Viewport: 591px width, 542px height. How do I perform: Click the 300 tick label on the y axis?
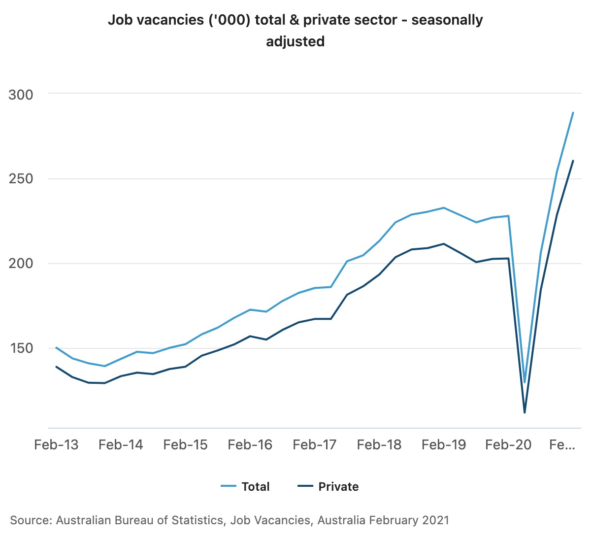(x=21, y=95)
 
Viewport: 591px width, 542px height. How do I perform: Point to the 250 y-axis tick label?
(x=21, y=178)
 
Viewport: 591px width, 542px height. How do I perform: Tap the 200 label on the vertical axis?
(x=21, y=263)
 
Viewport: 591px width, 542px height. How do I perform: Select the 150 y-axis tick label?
(x=21, y=348)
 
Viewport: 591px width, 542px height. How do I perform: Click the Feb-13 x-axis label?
(x=56, y=444)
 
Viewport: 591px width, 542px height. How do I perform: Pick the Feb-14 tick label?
(x=121, y=444)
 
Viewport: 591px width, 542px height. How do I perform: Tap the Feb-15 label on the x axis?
(x=185, y=444)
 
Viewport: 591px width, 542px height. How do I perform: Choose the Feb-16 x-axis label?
(x=250, y=444)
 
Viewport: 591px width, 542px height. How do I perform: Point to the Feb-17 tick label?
(x=314, y=444)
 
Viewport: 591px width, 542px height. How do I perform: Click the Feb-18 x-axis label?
(x=379, y=444)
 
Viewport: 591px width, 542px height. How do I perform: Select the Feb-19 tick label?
(x=444, y=444)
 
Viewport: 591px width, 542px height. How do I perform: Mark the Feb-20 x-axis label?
(x=508, y=444)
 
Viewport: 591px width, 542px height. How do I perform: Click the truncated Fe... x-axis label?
(x=562, y=444)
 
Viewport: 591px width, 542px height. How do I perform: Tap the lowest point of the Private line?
(x=525, y=412)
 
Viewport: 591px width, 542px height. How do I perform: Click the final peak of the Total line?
(x=573, y=113)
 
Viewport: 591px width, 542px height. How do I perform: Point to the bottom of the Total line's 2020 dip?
(x=525, y=382)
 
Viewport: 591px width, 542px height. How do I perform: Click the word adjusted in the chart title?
(x=295, y=41)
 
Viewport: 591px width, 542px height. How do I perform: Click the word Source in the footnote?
(x=29, y=520)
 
